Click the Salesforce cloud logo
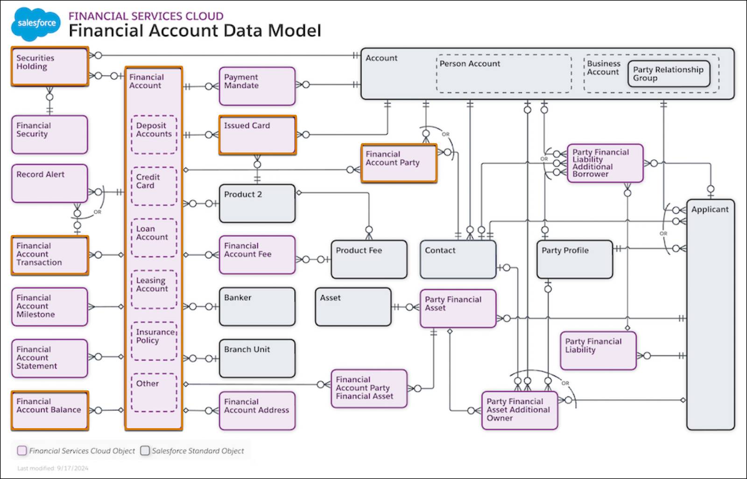36,24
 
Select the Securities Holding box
50,66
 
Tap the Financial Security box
49,134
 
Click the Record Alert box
49,183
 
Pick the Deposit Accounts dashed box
154,134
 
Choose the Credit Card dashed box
154,186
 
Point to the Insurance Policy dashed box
154,341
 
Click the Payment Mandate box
257,86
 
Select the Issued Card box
257,135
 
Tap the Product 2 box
257,203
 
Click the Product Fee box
369,259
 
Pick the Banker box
257,306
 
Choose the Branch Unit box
257,358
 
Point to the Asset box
353,306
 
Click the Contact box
458,259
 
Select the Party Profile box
575,259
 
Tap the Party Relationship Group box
669,74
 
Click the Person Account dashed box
504,74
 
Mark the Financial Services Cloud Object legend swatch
22,451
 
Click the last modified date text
53,468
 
